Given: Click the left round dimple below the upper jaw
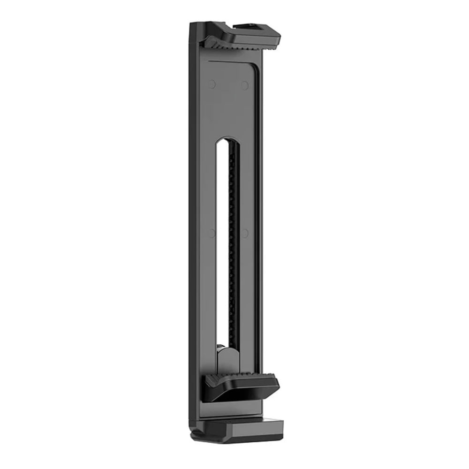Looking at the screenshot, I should tap(212, 84).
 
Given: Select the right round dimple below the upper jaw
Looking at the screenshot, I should tap(244, 85).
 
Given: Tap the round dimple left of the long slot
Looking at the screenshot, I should tap(212, 233).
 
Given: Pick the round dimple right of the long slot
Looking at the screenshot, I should tap(244, 233).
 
